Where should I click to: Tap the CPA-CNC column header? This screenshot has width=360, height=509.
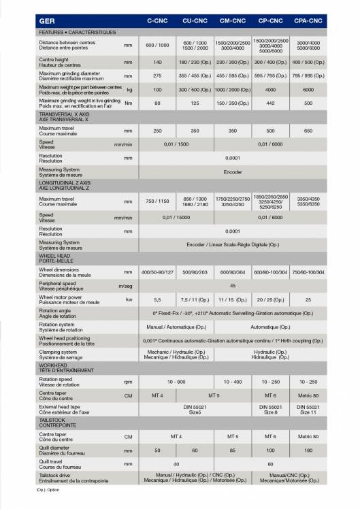pyautogui.click(x=308, y=21)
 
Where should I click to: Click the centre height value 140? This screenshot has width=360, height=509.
pyautogui.click(x=157, y=61)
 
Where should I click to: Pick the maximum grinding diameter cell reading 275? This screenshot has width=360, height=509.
pyautogui.click(x=157, y=76)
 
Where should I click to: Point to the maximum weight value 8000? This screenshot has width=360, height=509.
pyautogui.click(x=308, y=89)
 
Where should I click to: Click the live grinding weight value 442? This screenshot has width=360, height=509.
pyautogui.click(x=270, y=103)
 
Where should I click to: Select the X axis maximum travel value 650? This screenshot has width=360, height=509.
pyautogui.click(x=308, y=130)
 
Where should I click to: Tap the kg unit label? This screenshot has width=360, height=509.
pyautogui.click(x=129, y=89)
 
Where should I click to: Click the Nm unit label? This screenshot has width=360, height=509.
pyautogui.click(x=129, y=103)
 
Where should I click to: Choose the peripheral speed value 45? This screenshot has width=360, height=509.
pyautogui.click(x=233, y=286)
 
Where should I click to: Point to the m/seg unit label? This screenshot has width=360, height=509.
pyautogui.click(x=125, y=286)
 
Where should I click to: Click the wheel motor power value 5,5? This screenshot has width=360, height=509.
pyautogui.click(x=157, y=299)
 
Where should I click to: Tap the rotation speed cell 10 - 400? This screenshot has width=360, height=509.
pyautogui.click(x=233, y=382)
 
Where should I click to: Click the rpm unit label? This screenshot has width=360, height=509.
pyautogui.click(x=128, y=382)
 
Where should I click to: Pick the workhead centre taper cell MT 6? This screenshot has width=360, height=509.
pyautogui.click(x=270, y=395)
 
